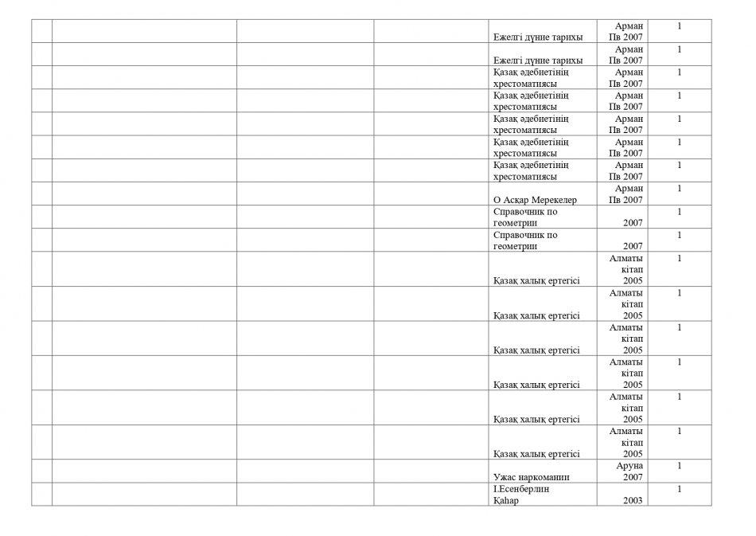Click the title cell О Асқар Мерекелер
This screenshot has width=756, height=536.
535,200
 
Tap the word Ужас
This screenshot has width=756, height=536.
506,477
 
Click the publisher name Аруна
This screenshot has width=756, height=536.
629,466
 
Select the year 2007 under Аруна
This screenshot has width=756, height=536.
633,477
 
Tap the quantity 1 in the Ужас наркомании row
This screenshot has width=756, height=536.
679,466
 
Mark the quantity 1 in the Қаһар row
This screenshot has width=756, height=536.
679,489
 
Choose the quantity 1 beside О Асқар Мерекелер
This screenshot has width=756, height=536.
679,189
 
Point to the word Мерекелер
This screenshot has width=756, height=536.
555,200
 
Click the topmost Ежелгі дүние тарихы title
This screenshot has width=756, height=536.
538,37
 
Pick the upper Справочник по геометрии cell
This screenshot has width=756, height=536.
525,217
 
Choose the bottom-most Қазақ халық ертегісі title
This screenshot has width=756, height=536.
536,454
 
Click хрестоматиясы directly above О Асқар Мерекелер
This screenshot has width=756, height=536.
524,176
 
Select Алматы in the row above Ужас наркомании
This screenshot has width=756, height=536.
626,431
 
